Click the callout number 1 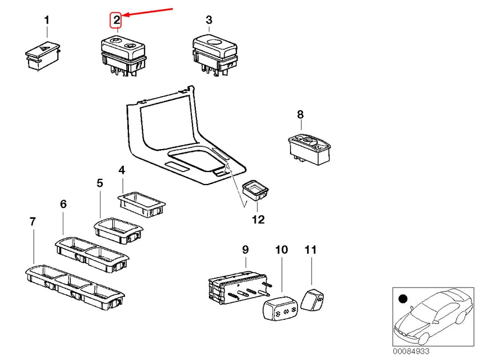pos(46,21)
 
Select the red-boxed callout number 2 pos(116,21)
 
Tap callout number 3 pos(209,20)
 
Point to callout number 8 pos(300,115)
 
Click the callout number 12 pos(258,219)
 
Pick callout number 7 pos(33,222)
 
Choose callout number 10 pos(281,250)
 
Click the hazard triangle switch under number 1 pos(42,56)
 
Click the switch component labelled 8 pos(309,149)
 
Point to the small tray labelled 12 pos(255,190)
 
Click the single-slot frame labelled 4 pos(142,205)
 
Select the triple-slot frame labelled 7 pos(75,287)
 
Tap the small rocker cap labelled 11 pos(312,299)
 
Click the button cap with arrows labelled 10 pos(280,307)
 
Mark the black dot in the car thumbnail pos(403,299)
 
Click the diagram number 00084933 pos(411,351)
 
